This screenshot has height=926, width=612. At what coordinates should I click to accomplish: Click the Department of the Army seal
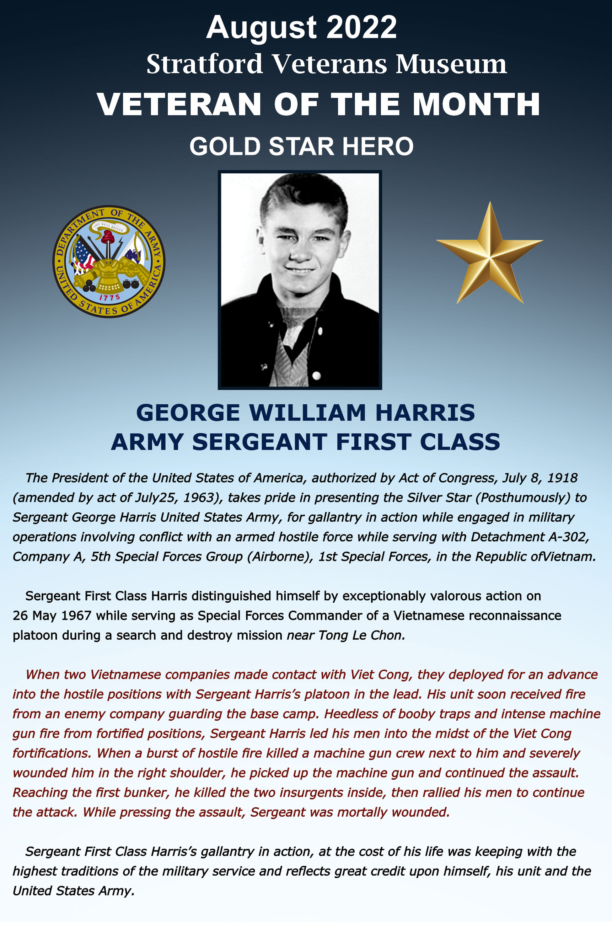[x=109, y=262]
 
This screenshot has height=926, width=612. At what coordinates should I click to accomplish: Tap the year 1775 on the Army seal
[x=110, y=297]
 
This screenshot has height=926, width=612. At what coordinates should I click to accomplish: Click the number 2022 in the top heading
[x=362, y=27]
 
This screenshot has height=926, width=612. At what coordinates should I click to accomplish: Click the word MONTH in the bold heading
[x=476, y=104]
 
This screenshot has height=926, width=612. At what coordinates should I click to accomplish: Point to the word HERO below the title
[x=378, y=146]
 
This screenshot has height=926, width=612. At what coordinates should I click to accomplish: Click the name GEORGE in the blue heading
[x=188, y=413]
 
